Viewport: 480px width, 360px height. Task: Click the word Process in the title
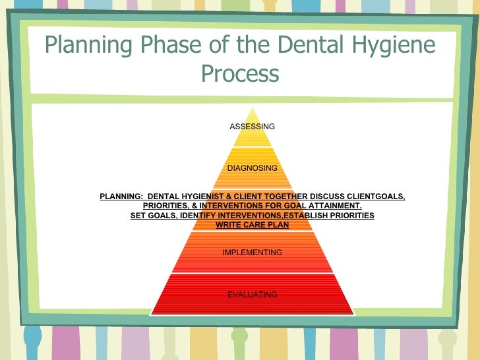(240, 73)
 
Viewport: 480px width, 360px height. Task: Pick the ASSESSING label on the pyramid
(252, 127)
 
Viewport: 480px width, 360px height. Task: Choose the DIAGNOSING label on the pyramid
(252, 168)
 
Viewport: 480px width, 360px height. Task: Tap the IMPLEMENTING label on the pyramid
(252, 253)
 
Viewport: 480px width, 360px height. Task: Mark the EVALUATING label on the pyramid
(252, 295)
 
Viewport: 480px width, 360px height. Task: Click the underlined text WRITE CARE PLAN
(252, 225)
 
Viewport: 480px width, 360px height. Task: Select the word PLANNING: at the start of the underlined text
(121, 196)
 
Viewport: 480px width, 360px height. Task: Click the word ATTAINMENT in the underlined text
(334, 206)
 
